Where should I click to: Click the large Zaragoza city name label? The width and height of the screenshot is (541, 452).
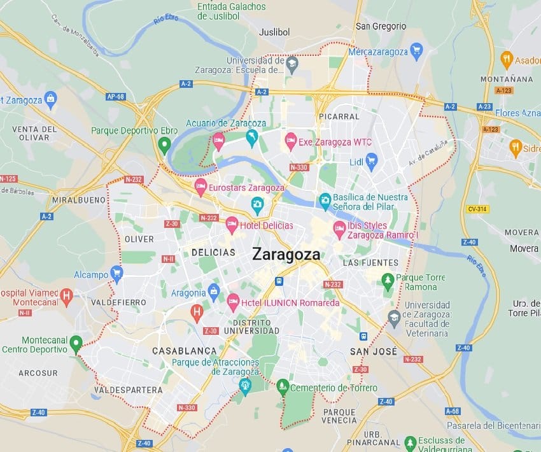286,254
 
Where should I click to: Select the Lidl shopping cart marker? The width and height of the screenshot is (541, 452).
372,161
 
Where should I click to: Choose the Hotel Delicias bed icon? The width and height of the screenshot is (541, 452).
232,224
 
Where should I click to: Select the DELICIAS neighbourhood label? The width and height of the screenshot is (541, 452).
213,253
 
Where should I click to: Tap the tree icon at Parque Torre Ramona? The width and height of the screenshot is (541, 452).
388,280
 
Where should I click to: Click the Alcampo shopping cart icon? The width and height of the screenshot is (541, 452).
116,274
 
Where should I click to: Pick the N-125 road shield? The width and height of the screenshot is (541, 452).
8,179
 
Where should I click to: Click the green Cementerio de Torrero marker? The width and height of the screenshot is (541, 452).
283,386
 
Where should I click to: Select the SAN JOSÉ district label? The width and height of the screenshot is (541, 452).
374,351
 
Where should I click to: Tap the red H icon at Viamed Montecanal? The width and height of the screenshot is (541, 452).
66,297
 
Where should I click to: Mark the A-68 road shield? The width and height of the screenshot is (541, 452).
453,411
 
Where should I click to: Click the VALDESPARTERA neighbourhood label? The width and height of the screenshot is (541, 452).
128,390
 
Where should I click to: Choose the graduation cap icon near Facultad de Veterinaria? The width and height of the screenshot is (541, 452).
395,316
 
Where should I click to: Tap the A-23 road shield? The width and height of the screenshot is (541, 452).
484,107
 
